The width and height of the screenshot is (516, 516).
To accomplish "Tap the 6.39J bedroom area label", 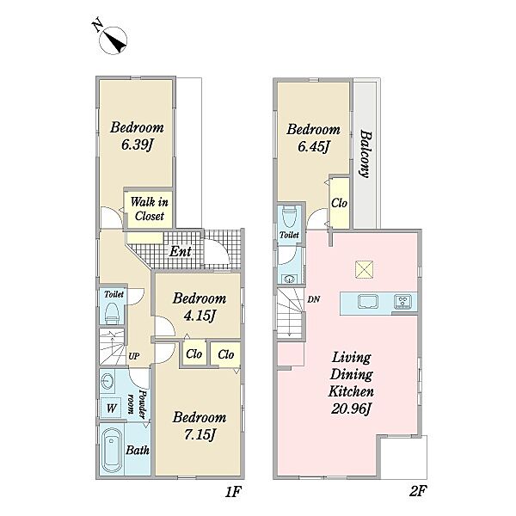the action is [137, 144].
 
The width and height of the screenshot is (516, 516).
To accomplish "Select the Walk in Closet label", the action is [150, 209].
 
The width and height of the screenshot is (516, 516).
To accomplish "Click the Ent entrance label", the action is [181, 252].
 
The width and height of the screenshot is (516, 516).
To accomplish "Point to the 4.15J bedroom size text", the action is [200, 316].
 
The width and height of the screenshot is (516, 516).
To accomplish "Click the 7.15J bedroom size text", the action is [200, 434].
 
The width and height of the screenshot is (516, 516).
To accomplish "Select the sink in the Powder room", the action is [107, 382].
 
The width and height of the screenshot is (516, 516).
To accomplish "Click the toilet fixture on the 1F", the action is [112, 313].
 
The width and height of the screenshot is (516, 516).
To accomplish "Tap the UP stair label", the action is [133, 356].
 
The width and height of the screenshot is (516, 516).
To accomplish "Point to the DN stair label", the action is [314, 299].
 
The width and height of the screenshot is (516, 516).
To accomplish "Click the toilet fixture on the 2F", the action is [289, 217].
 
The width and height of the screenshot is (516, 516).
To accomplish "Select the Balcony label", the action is [365, 154].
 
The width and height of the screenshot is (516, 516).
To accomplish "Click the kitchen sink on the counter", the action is [368, 302].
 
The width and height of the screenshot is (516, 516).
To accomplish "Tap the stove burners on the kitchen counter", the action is [403, 302].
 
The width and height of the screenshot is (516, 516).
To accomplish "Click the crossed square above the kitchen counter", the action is [364, 269].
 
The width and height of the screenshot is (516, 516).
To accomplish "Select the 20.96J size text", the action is [351, 409].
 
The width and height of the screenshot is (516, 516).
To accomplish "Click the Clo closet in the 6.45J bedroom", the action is [340, 203].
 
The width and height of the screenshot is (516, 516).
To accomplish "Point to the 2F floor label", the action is [418, 491].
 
